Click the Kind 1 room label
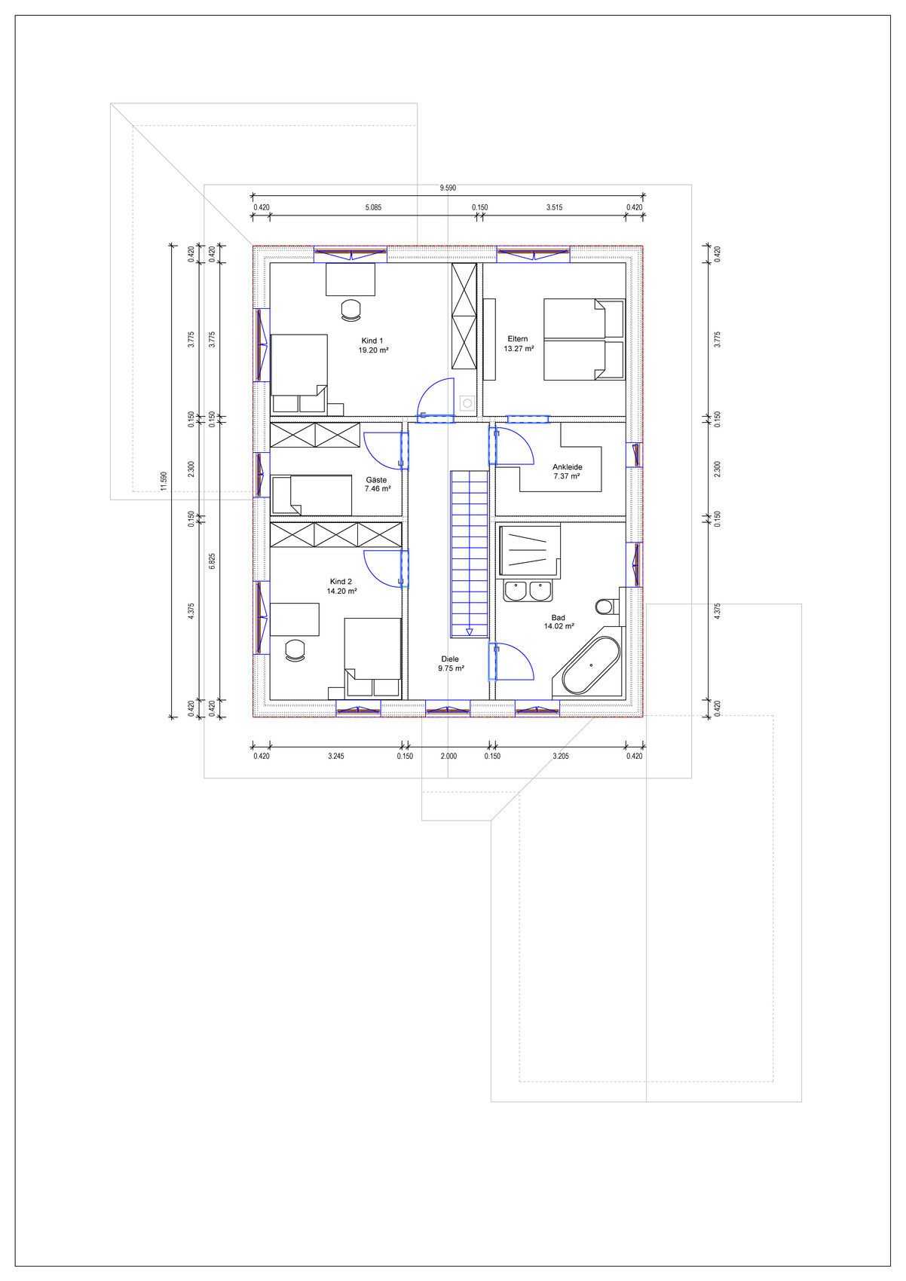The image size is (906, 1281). [372, 341]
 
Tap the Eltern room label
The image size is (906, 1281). [518, 339]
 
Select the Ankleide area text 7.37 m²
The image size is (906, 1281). [567, 475]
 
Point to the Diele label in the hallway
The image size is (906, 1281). [450, 659]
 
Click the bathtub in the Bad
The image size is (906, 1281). [591, 665]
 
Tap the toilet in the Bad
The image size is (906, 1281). [607, 606]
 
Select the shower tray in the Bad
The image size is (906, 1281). [530, 551]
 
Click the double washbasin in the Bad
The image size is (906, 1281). [528, 591]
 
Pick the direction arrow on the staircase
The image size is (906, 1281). [470, 632]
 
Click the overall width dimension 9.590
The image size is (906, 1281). [448, 188]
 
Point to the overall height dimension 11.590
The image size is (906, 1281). [164, 481]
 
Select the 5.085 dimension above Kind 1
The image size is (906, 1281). [374, 207]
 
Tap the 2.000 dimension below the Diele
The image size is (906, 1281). [449, 756]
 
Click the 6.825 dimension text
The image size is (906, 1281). [213, 561]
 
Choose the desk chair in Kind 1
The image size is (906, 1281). [350, 310]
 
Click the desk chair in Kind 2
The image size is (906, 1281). [295, 650]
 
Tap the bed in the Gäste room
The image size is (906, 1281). [312, 494]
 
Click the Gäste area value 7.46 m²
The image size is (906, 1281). [378, 489]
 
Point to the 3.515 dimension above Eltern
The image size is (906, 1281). [554, 207]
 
